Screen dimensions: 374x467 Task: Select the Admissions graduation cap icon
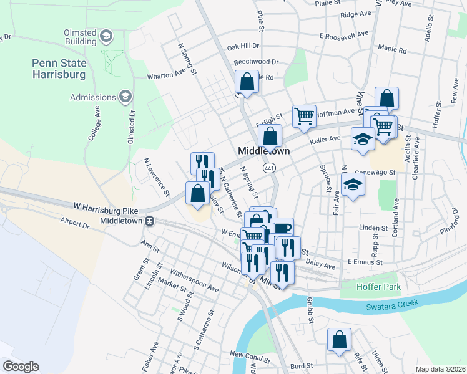point(125,97)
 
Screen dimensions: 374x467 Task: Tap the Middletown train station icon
point(150,221)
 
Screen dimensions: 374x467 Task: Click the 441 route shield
point(270,168)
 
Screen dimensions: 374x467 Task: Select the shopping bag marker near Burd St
point(339,340)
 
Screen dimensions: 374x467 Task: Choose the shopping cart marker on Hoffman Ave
point(304,116)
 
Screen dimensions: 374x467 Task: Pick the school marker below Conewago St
point(353,185)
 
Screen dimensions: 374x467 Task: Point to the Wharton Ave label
point(167,75)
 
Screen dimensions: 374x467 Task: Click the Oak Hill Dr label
point(243,47)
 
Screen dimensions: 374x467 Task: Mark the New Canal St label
point(249,355)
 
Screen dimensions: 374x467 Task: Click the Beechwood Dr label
point(256,62)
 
